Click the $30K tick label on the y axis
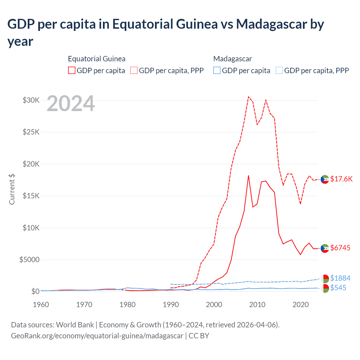click(31, 100)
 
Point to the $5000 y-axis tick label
click(29, 260)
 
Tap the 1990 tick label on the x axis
click(171, 305)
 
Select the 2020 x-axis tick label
click(301, 305)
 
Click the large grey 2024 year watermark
click(71, 104)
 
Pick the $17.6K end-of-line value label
click(341, 179)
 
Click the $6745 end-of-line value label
click(340, 248)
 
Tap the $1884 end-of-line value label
click(340, 278)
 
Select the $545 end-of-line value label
click(338, 288)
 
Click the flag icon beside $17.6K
click(325, 179)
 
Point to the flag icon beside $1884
click(325, 279)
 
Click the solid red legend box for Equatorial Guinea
click(72, 70)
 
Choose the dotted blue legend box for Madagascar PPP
click(279, 70)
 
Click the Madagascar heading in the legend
click(232, 59)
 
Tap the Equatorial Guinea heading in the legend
click(96, 59)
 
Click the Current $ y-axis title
click(12, 189)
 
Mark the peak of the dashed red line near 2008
click(248, 97)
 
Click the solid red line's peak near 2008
click(248, 175)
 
